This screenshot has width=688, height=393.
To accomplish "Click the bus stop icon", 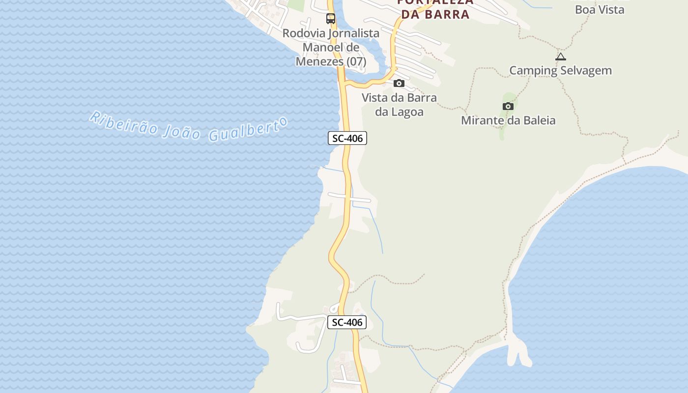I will click(x=331, y=19).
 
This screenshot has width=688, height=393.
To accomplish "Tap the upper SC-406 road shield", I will click(x=347, y=139).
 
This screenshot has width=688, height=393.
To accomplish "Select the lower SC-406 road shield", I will click(x=347, y=322).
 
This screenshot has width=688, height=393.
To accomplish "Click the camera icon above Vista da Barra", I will click(x=399, y=83).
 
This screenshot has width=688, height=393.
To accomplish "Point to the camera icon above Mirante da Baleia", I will click(x=508, y=106).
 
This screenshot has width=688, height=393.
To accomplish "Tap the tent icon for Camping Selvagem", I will click(x=561, y=56).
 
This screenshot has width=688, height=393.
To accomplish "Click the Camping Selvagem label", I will click(x=560, y=70).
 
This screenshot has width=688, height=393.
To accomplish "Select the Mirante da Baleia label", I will click(x=508, y=120).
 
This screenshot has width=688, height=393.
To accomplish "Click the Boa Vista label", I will click(x=600, y=9).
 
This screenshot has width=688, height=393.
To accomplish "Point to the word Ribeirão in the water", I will click(x=123, y=123).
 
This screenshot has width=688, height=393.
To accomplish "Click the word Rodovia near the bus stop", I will click(x=301, y=33).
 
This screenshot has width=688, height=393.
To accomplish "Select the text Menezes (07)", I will click(x=331, y=62).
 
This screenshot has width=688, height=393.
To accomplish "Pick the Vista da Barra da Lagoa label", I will click(x=399, y=105).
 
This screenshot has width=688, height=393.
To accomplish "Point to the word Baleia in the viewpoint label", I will click(x=537, y=120).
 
